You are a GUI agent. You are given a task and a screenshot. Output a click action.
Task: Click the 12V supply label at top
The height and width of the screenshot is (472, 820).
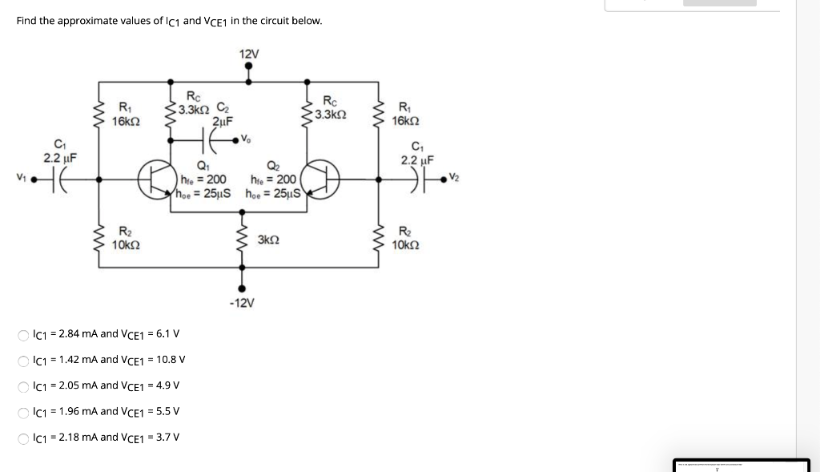[x=248, y=54]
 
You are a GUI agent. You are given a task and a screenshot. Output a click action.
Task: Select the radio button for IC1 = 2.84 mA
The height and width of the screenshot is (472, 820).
[x=25, y=334]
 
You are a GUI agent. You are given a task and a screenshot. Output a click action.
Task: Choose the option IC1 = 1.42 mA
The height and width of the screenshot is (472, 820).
[x=25, y=360]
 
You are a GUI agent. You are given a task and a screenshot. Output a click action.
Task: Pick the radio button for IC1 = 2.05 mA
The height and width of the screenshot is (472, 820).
[x=25, y=385]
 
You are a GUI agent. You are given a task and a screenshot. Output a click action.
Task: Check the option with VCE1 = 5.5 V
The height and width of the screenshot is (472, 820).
[x=25, y=412]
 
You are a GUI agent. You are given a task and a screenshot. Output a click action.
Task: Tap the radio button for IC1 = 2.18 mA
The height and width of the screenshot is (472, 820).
[x=25, y=438]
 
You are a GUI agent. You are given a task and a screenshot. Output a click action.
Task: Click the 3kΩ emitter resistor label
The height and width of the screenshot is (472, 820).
[x=268, y=240]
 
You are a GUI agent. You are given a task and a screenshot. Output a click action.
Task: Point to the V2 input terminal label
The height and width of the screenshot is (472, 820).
[x=456, y=177]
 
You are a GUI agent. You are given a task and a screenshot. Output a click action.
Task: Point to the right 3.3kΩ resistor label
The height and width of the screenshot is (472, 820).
[x=330, y=115]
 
